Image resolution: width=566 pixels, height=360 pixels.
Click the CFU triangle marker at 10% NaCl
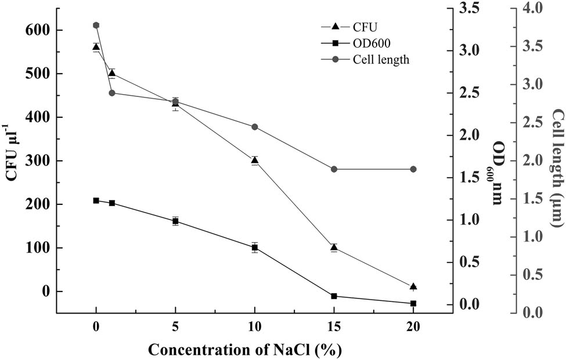(254, 160)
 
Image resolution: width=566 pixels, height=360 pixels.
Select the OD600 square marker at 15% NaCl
(334, 296)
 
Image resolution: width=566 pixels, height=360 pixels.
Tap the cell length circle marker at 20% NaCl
(413, 169)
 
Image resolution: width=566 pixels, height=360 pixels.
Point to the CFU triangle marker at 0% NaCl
(96, 47)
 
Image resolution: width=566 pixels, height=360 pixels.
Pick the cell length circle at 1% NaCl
(112, 93)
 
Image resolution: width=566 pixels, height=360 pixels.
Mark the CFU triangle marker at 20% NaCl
(413, 286)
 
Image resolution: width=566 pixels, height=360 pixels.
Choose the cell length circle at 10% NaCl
(254, 127)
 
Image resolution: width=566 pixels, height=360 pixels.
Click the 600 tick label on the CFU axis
(37, 30)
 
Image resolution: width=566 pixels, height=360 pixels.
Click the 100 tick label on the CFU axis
(37, 248)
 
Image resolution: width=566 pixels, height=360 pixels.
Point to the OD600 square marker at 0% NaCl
(96, 200)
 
